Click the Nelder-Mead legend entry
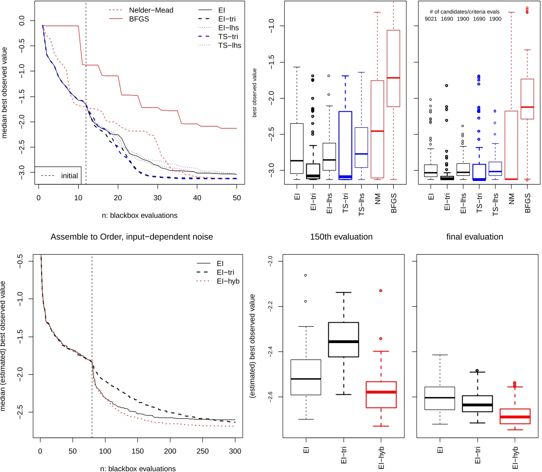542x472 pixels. point(151,10)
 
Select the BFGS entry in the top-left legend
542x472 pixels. point(139,19)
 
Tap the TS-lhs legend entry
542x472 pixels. point(229,45)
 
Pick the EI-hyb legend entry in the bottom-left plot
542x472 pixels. point(228,281)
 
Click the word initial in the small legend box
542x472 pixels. point(69,176)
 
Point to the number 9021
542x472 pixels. point(431,19)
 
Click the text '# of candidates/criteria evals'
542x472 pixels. point(464,12)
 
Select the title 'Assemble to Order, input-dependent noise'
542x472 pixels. point(131,237)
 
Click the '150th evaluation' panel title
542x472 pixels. point(341,237)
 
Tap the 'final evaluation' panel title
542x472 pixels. point(475,237)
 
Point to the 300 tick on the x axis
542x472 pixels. point(235,451)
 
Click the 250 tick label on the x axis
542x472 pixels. point(202,451)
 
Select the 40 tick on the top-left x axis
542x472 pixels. point(197,198)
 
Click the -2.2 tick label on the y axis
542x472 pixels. point(270,307)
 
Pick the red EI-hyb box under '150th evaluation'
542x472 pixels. point(381,395)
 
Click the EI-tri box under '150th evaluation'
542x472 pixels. point(344,339)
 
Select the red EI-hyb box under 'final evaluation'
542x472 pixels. point(515,416)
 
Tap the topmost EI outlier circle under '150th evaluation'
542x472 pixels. point(305,275)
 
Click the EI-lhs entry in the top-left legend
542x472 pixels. point(229,28)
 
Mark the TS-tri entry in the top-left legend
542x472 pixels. point(228,36)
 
